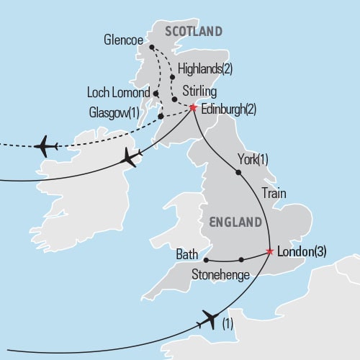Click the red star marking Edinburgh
click(x=193, y=108)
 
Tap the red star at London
click(x=270, y=252)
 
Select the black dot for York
click(x=238, y=172)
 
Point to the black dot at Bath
click(x=206, y=260)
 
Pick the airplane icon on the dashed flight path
click(x=45, y=145)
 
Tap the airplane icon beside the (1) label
click(x=210, y=318)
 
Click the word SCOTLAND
click(x=193, y=31)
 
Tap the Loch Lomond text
click(x=117, y=93)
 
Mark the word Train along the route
click(x=275, y=193)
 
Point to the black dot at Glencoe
click(x=152, y=48)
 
